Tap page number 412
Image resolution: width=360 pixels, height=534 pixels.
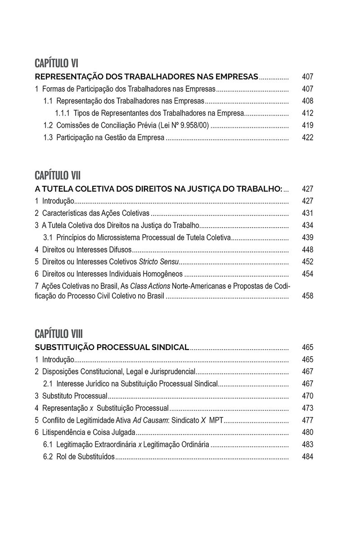(307, 113)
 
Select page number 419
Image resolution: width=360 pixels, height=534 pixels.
(307, 126)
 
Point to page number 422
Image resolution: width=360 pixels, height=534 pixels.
(307, 138)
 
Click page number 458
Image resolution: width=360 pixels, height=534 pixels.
(307, 296)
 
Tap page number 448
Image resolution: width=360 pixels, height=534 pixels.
(307, 250)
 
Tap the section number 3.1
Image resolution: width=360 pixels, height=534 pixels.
(48, 238)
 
